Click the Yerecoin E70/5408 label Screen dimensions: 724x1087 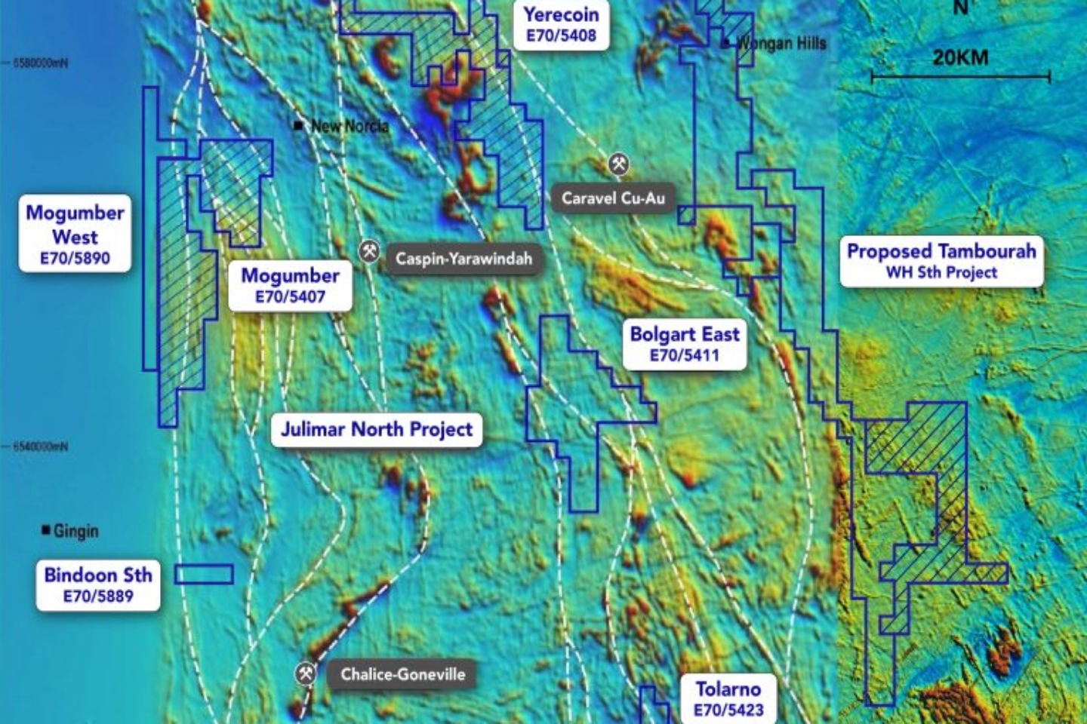(561, 24)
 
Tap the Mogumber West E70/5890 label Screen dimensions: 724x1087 (75, 235)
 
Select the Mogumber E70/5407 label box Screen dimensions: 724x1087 (291, 285)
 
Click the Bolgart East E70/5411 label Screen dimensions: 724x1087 (685, 344)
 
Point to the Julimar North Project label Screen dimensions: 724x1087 (377, 430)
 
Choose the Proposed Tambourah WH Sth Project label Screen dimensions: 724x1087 (941, 261)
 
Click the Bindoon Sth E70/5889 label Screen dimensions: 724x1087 (98, 584)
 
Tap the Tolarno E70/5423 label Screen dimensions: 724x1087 (728, 698)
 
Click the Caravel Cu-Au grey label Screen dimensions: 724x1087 (613, 198)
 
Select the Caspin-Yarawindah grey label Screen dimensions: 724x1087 (463, 259)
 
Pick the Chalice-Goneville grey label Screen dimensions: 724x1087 (402, 674)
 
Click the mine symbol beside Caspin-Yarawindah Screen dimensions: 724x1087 (369, 251)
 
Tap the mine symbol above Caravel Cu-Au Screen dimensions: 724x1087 (619, 164)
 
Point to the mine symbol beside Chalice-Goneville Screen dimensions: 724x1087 (306, 673)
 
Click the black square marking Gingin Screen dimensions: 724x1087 (46, 530)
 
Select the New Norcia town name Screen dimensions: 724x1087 (350, 126)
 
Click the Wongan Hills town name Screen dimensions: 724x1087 (781, 43)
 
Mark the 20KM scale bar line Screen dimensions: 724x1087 (960, 76)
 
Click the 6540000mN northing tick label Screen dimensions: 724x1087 (41, 446)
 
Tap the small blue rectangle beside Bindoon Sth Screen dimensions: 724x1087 (204, 575)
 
